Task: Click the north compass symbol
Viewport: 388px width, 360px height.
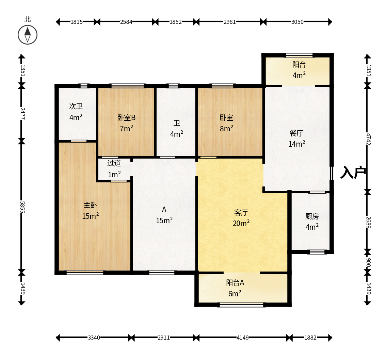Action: coord(28,35)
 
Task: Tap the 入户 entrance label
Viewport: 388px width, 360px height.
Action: coord(353,172)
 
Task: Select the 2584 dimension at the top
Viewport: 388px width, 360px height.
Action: coord(126,22)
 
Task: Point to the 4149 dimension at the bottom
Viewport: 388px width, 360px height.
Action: coord(242,338)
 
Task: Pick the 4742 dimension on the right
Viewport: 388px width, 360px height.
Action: coord(369,139)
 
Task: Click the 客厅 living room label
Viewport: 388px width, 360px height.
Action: coord(241,212)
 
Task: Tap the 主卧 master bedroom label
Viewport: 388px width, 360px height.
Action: coord(90,205)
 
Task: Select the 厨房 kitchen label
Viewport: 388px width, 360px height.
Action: coord(312,216)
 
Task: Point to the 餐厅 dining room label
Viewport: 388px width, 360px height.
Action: coord(296,133)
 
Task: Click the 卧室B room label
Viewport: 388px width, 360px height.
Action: coord(127,117)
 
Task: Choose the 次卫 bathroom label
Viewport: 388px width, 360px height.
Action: coord(76,106)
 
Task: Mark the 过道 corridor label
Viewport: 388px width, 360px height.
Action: coord(114,163)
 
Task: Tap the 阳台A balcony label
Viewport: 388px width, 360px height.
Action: coord(235,282)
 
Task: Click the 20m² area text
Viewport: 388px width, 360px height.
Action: coord(241,223)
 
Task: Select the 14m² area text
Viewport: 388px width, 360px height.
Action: coord(297,144)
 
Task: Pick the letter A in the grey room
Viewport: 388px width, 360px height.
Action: coord(164,210)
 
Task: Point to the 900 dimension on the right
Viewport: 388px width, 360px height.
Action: coord(369,263)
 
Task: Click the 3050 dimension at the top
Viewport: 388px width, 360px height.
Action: coord(297,22)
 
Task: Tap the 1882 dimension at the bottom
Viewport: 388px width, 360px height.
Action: coord(310,338)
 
